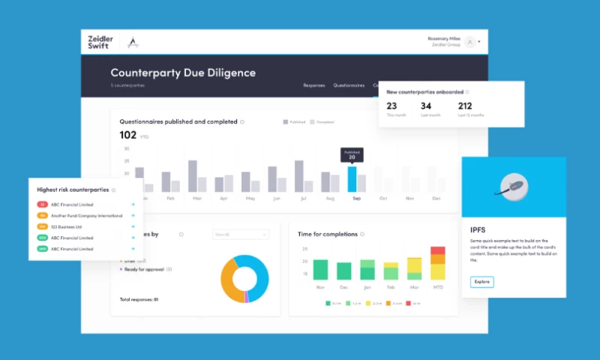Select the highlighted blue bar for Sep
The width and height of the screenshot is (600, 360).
pyautogui.click(x=352, y=179)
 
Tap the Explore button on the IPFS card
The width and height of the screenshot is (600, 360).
pyautogui.click(x=481, y=282)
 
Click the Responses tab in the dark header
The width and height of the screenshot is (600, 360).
pyautogui.click(x=314, y=85)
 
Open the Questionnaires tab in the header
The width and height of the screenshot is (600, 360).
pyautogui.click(x=349, y=85)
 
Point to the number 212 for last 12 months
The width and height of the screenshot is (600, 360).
pyautogui.click(x=465, y=106)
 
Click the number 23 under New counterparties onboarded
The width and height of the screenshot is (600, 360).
pyautogui.click(x=391, y=106)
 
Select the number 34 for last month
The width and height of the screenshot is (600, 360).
pyautogui.click(x=426, y=106)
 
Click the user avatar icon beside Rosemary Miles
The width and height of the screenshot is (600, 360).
pyautogui.click(x=469, y=42)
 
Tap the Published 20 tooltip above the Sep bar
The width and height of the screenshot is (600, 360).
pyautogui.click(x=352, y=154)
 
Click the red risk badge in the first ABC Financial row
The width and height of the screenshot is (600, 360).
pyautogui.click(x=43, y=204)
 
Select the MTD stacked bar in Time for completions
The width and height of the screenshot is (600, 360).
pyautogui.click(x=437, y=263)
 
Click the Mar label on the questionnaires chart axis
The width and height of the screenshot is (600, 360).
pyautogui.click(x=197, y=199)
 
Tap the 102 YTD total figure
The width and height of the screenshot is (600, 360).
pyautogui.click(x=128, y=135)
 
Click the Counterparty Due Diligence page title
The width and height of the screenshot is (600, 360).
pyautogui.click(x=183, y=73)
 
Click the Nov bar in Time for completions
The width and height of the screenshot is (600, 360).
pyautogui.click(x=321, y=270)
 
